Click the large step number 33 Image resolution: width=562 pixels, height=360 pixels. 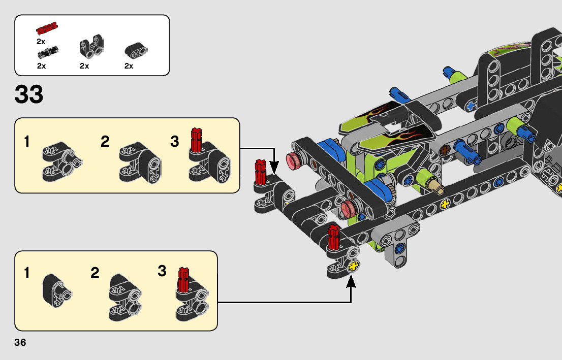pos(29,94)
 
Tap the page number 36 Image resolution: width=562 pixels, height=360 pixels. pos(20,342)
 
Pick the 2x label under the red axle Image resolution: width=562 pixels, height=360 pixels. pos(41,42)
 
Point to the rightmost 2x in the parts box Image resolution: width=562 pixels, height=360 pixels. pos(129,66)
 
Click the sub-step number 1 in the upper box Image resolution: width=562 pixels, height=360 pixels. pos(27,142)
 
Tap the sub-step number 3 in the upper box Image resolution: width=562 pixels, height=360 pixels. pos(175,142)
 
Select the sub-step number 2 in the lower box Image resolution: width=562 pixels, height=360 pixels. pos(95,273)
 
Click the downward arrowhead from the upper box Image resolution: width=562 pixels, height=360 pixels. pos(274,168)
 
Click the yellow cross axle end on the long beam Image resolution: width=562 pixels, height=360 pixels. pos(446,205)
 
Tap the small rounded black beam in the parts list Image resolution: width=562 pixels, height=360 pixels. pos(136,50)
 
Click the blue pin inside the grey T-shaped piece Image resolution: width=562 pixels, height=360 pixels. pos(401,248)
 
